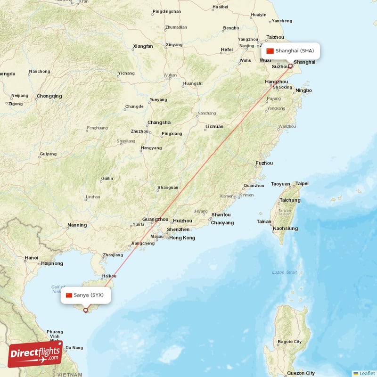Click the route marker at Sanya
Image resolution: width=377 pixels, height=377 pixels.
[85, 310]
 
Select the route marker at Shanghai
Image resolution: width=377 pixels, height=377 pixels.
[290, 66]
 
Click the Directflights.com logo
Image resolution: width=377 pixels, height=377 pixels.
[35, 354]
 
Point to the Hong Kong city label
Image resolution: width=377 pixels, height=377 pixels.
[182, 238]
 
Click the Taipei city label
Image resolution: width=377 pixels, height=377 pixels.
[302, 183]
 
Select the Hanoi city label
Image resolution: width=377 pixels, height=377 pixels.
[32, 258]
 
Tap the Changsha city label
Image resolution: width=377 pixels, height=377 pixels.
[159, 123]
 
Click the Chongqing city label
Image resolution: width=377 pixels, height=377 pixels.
[49, 96]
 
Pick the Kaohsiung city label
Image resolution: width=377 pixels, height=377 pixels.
[285, 229]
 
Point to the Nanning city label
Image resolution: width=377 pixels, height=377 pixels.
[77, 225]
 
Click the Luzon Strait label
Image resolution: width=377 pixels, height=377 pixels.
[285, 272]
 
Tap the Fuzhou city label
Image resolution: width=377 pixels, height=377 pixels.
[264, 164]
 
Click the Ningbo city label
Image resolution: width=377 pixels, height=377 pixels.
[303, 90]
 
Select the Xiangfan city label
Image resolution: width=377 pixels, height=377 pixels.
[143, 46]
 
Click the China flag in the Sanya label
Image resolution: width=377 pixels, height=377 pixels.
[69, 295]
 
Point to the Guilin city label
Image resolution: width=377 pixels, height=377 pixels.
[107, 179]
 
